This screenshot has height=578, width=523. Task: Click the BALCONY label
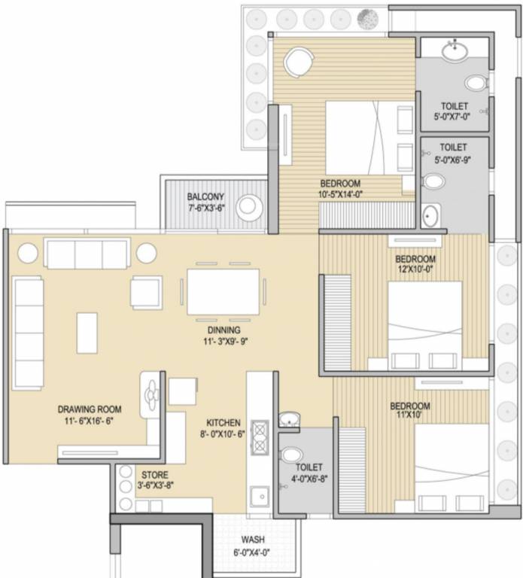205,196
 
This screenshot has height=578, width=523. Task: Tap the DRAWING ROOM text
90,409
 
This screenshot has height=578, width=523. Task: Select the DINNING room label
224,330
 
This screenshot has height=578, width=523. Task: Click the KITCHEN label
223,423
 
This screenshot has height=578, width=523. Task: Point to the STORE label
155,475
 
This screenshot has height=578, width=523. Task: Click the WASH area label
253,540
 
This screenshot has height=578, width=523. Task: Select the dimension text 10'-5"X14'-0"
341,194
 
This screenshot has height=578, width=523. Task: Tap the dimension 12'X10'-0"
415,269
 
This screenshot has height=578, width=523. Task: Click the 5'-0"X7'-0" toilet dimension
452,117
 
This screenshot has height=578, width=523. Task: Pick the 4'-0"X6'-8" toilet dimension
309,479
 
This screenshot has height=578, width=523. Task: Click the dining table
223,292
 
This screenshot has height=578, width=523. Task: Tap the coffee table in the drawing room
87,333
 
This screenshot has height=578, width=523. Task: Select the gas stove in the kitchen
260,437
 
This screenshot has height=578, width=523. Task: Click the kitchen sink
260,497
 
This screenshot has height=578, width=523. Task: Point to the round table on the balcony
250,207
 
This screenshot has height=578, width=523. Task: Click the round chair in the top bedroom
299,62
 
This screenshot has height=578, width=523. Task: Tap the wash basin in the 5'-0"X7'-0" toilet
455,50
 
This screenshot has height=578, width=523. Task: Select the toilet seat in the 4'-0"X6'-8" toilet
290,455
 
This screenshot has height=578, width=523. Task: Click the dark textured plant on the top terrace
367,18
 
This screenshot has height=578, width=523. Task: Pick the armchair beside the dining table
146,292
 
